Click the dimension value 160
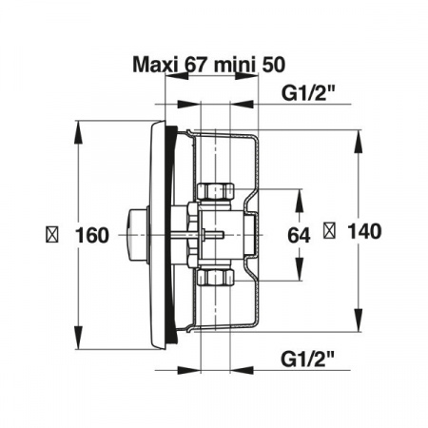pyautogui.click(x=92, y=235)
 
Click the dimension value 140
pyautogui.click(x=364, y=231)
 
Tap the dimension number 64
pyautogui.click(x=299, y=236)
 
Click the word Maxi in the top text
pyautogui.click(x=154, y=65)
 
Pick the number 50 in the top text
pyautogui.click(x=273, y=65)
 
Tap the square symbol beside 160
pyautogui.click(x=52, y=235)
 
